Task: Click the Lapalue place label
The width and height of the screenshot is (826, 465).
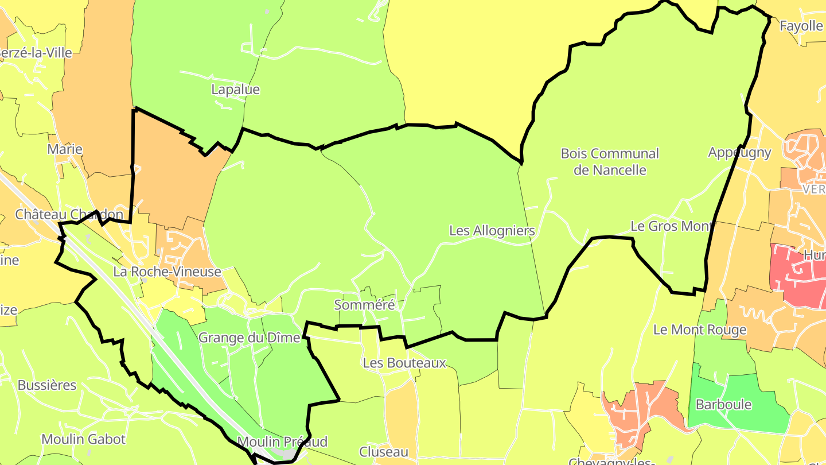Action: tap(235, 90)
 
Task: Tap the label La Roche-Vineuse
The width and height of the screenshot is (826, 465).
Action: tap(167, 272)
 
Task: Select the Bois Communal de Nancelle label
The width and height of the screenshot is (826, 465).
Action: tap(610, 162)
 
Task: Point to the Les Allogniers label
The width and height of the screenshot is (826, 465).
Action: tap(492, 231)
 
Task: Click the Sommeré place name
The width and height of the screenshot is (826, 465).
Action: tap(365, 305)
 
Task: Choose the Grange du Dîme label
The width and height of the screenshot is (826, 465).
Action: tap(250, 338)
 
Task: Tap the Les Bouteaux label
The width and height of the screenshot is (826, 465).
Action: tap(404, 363)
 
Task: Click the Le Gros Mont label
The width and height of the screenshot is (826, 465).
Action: tap(671, 226)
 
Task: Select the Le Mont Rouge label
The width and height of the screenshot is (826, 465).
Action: tap(700, 330)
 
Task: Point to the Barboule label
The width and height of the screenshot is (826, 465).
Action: tap(723, 404)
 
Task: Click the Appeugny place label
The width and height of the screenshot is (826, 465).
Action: tap(739, 152)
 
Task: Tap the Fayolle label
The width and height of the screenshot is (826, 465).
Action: tap(801, 26)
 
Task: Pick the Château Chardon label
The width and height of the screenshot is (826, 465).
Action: tap(69, 215)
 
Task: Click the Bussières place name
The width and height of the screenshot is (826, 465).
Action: tap(47, 385)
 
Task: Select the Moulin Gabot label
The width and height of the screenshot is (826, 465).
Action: tap(83, 439)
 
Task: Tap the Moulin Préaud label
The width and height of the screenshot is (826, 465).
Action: tap(282, 441)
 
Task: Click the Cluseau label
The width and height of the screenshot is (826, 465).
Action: tap(384, 451)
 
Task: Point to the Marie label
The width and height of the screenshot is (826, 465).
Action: tap(65, 149)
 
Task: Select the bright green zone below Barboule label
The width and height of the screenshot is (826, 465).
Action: tap(746, 422)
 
